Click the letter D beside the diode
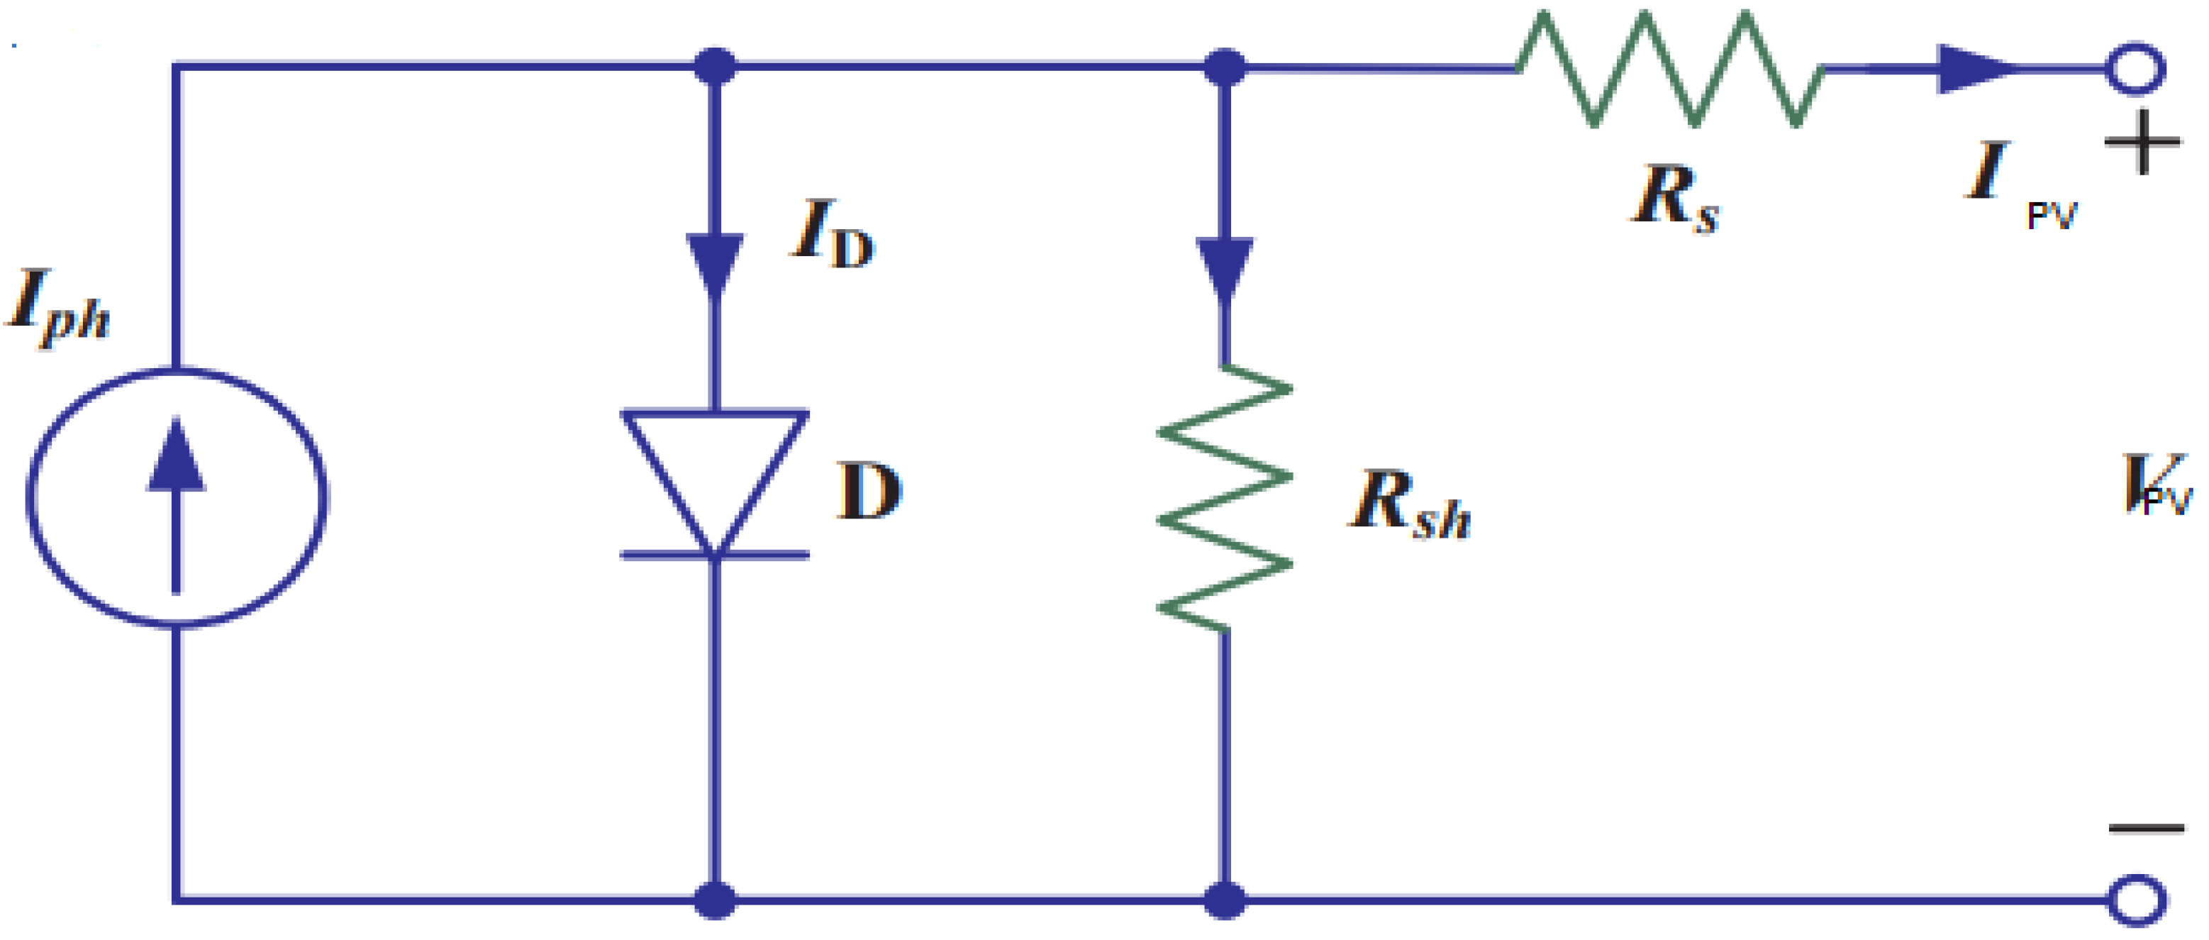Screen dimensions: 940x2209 869,491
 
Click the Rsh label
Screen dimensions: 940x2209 1408,504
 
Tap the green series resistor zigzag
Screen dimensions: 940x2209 1669,69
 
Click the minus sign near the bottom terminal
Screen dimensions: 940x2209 2147,829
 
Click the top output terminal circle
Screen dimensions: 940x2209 2136,69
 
